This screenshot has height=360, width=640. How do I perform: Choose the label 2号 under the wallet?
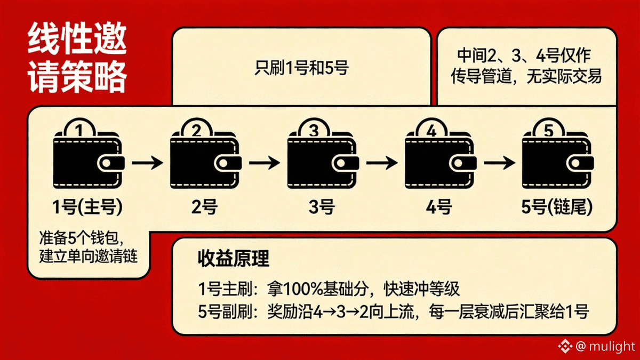[204, 207]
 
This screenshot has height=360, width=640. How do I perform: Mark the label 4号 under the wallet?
[439, 207]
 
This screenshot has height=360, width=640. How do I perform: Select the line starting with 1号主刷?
[328, 289]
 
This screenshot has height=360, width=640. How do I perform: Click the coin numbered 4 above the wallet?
[431, 130]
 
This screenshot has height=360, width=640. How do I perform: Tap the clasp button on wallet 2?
[228, 163]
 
